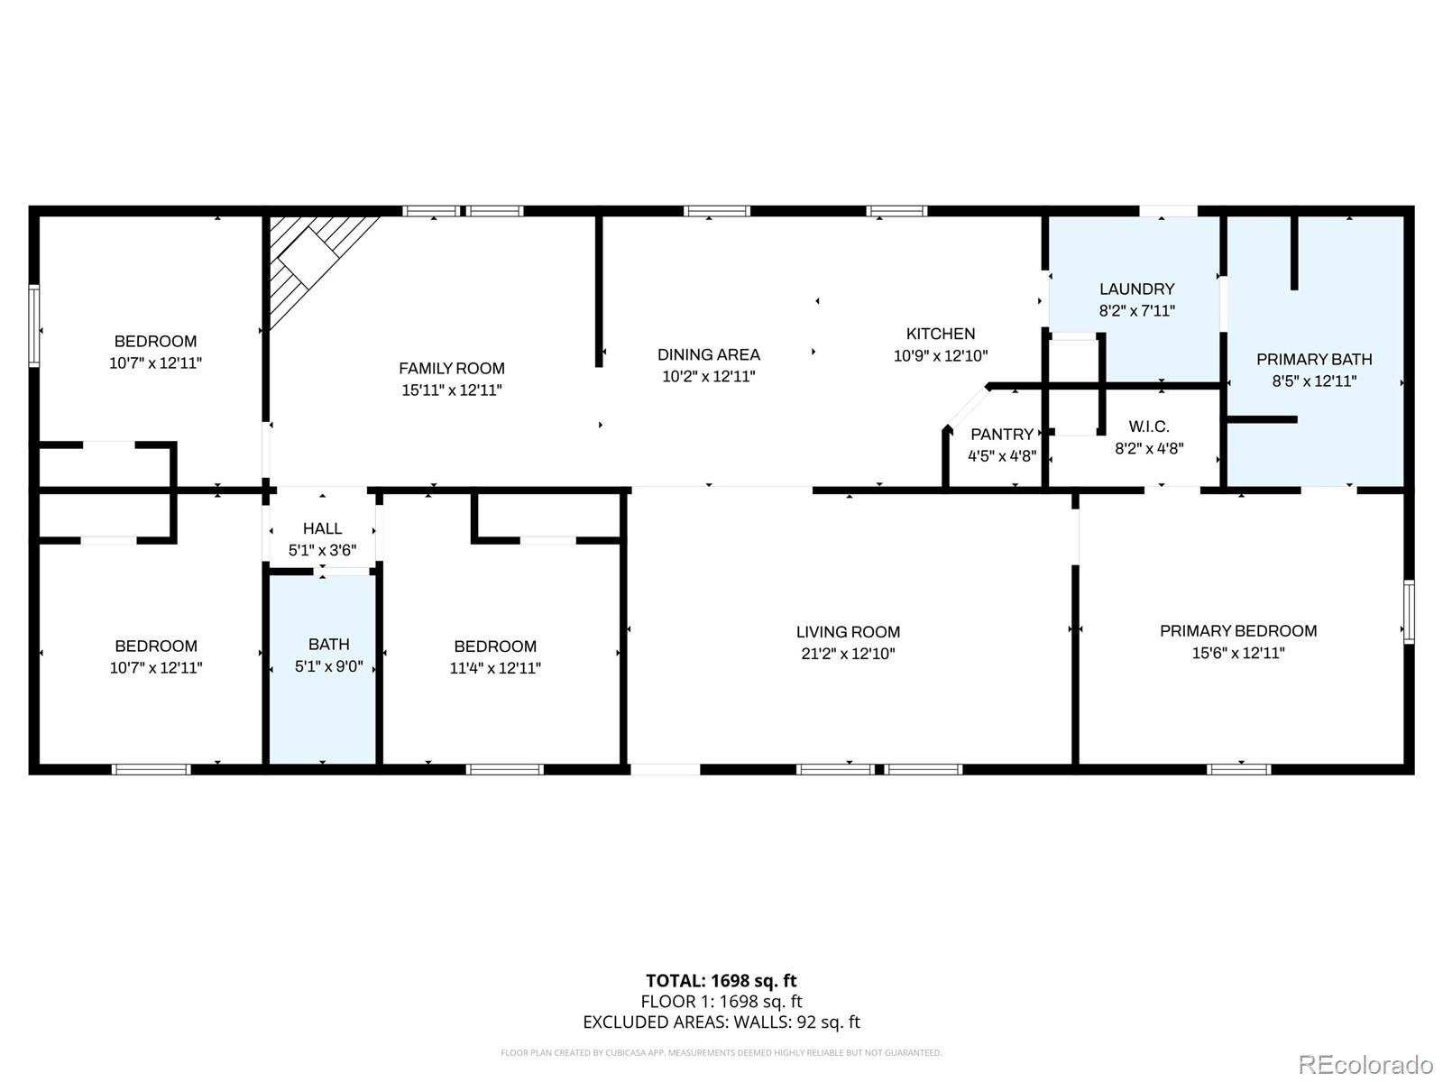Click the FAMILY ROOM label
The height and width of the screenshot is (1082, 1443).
pos(452,368)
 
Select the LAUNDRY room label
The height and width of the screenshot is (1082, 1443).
pos(1136,289)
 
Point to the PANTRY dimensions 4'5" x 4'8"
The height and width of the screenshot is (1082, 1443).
pos(1002,456)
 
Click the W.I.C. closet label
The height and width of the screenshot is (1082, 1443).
pos(1149,426)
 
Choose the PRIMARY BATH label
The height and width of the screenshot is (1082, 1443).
pos(1314,359)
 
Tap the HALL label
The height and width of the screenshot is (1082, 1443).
pos(322,528)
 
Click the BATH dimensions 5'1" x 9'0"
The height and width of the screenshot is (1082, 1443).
pos(329,667)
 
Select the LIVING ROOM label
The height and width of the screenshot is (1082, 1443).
pos(848,632)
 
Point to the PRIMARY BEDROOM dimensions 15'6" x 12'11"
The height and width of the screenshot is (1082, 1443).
pos(1238,653)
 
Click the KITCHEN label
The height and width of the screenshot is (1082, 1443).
pos(941,334)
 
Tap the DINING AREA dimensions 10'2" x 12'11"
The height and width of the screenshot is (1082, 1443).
pos(709,377)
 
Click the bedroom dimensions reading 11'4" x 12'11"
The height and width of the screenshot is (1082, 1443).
pos(495,668)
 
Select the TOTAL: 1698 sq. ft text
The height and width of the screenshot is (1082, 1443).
pos(721,980)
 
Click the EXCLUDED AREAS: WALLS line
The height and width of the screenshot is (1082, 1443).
pos(721,1022)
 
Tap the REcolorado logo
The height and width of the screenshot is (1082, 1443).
pos(1365,1064)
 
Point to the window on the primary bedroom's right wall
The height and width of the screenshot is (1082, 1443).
pos(1408,611)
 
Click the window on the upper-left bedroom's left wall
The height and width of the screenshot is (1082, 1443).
pos(34,326)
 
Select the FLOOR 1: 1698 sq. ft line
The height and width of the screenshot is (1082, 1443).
pos(721,1001)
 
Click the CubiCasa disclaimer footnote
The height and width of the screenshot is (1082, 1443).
pos(721,1052)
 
